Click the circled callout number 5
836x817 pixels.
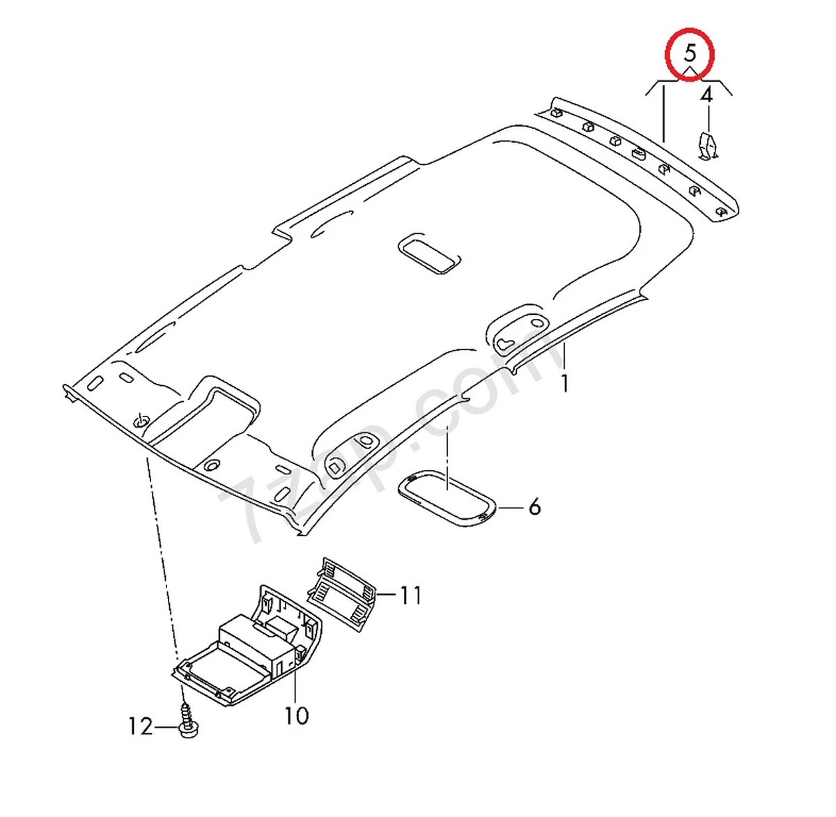pos(690,53)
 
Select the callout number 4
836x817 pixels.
pos(706,95)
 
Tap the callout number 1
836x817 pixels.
pos(564,383)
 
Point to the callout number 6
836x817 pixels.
pos(534,506)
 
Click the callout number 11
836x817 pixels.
pos(410,596)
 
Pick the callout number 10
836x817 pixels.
pos(296,715)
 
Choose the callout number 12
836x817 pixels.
pos(140,726)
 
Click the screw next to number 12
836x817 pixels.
pos(186,721)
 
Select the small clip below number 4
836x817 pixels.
pos(709,146)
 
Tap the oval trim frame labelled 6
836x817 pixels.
pos(446,499)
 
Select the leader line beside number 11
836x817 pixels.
pos(387,596)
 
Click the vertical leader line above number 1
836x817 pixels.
pos(564,355)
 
